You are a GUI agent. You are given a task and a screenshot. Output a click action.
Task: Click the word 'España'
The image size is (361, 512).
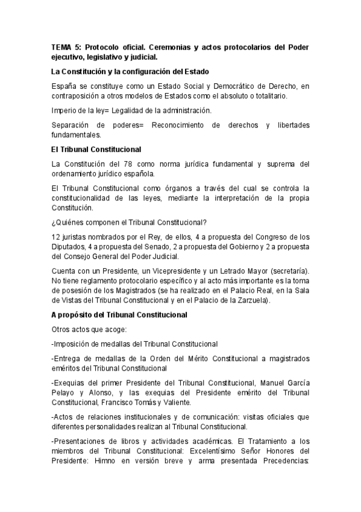64,88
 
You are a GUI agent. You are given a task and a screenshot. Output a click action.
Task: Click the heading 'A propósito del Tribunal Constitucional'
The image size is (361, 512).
119,315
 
